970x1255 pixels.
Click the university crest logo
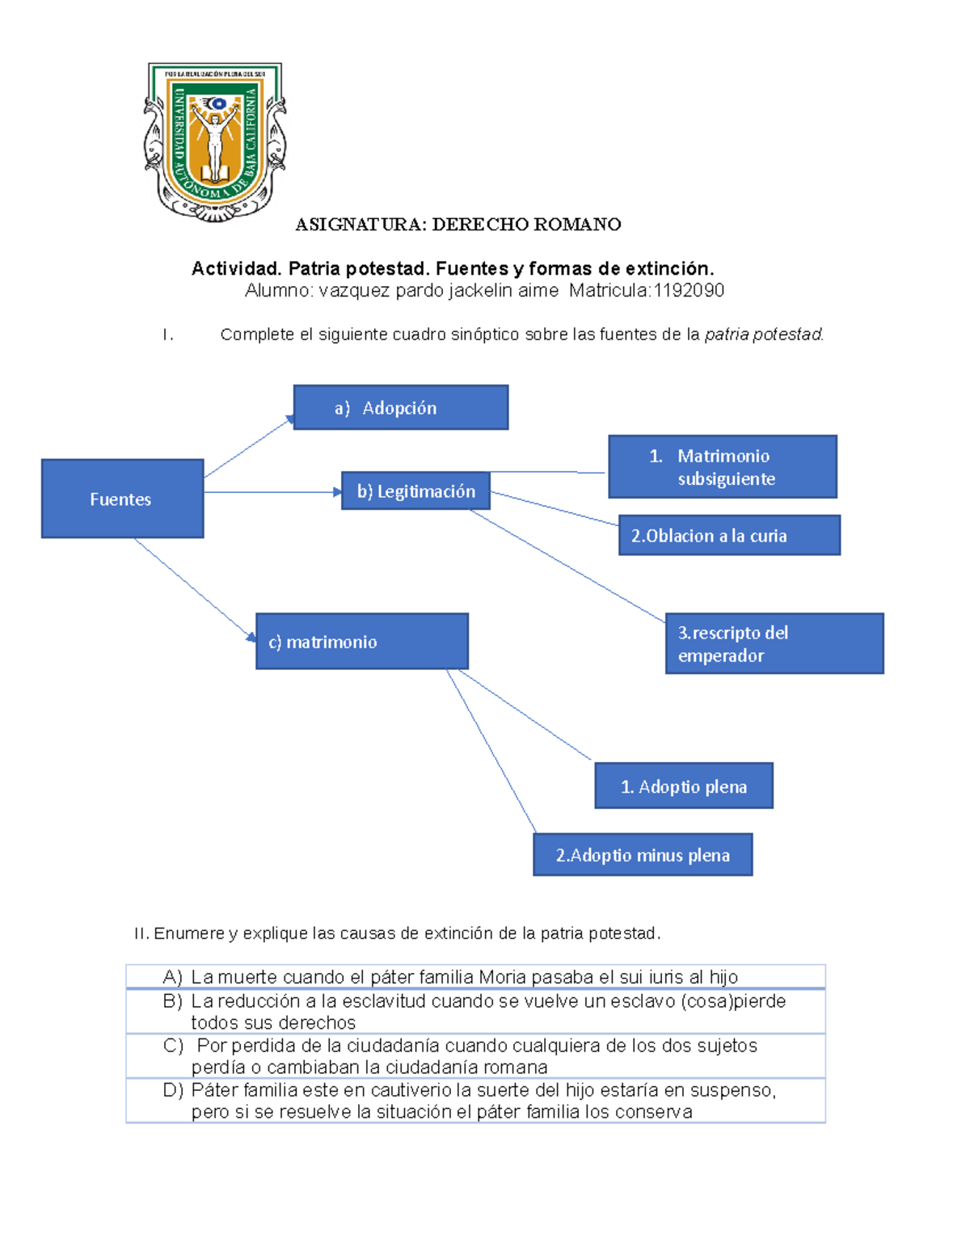pos(215,141)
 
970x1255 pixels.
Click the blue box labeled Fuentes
pos(122,499)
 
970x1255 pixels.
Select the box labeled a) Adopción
pos(400,407)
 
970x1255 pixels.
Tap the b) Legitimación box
pos(415,491)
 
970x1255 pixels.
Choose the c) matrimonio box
pos(361,642)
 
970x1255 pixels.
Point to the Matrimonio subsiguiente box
pos(722,467)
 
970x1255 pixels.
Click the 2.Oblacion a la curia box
pos(729,535)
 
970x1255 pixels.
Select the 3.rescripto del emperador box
pos(774,643)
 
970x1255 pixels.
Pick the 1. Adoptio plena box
pos(684,785)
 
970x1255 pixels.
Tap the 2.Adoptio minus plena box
pos(643,855)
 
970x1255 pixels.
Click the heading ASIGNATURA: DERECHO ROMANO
pos(458,225)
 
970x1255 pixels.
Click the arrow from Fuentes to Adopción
pos(247,448)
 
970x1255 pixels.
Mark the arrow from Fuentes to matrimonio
pos(194,589)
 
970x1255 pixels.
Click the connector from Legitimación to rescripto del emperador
pos(566,566)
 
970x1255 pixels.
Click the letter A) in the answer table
pos(172,977)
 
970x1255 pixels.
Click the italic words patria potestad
pos(763,335)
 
